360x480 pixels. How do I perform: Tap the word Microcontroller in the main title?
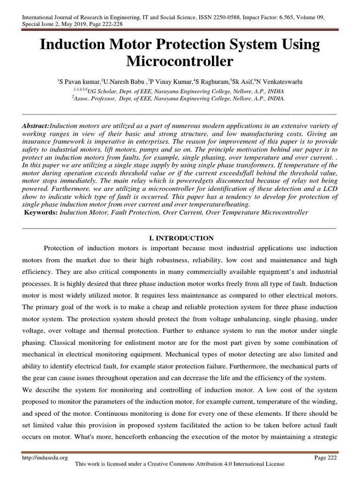pos(180,62)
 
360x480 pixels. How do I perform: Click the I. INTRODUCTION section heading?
pos(180,238)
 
